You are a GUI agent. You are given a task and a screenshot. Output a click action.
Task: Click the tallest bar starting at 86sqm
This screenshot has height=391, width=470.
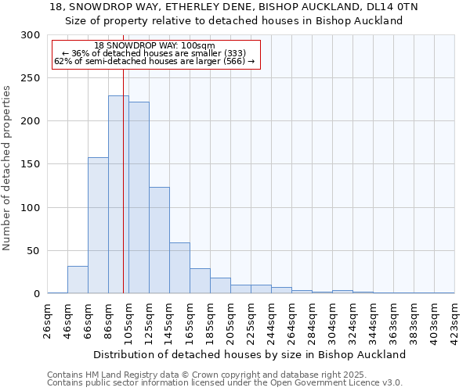(x=118, y=195)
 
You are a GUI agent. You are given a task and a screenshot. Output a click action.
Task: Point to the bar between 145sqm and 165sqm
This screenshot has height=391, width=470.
(x=179, y=268)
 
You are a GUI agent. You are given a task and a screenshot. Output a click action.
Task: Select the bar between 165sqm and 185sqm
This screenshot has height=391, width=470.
(x=200, y=281)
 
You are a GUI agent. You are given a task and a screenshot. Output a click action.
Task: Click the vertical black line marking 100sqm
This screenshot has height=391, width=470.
(x=123, y=156)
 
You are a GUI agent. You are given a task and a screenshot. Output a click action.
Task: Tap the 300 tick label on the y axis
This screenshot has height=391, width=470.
(x=31, y=35)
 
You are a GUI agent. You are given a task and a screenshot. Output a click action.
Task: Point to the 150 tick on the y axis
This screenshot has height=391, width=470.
(x=31, y=164)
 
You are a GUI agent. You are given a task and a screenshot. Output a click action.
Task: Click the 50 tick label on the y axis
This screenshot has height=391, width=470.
(x=34, y=251)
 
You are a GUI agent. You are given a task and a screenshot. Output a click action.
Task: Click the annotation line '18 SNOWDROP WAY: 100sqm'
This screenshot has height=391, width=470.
(x=154, y=45)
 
